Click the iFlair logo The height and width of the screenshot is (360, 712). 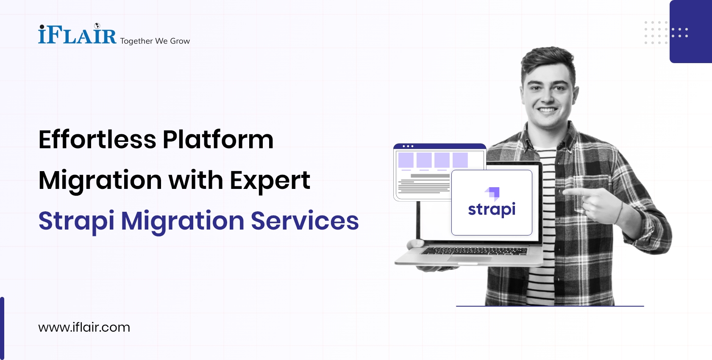pos(77,35)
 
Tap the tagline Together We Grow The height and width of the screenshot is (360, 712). pos(155,41)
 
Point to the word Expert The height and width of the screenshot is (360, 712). pos(270,180)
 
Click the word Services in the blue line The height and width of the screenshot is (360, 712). pos(305,221)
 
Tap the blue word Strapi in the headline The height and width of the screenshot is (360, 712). pos(76,221)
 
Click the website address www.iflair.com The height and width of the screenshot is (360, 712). pos(84,327)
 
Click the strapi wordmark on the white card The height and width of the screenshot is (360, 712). pos(492,209)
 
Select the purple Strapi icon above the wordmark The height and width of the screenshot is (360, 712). pos(493,193)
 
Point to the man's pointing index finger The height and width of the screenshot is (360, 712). pos(570,192)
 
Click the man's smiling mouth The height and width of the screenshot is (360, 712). pos(548,110)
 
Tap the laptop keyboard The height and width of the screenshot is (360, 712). pos(475,251)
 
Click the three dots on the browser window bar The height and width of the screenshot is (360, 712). pos(408,146)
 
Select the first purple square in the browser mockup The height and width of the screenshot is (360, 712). pos(406,160)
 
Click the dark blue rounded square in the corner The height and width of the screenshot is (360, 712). pos(691,32)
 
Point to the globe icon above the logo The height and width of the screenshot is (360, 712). pos(97,26)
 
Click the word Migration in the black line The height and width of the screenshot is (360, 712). pos(100,180)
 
